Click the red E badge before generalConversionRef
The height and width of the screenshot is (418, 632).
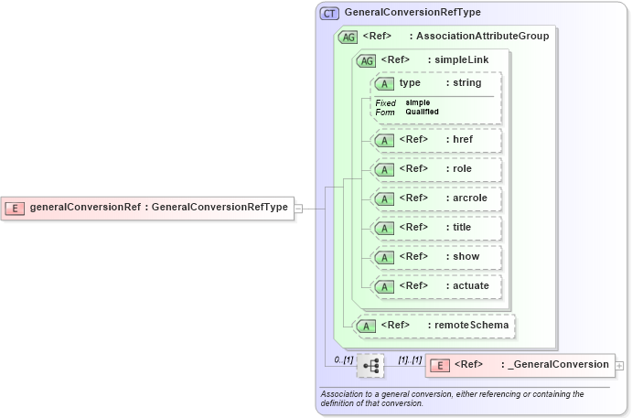pos(15,208)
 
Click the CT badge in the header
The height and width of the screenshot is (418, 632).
pos(329,14)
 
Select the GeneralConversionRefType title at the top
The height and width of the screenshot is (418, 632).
pos(412,13)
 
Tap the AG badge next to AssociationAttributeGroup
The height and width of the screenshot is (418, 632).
pos(348,38)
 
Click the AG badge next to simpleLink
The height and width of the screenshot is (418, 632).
pos(366,60)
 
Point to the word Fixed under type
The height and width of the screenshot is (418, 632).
pos(385,102)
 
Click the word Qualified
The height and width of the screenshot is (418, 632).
pos(423,112)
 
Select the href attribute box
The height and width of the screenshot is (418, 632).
pos(436,140)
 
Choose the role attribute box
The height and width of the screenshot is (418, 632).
pos(436,169)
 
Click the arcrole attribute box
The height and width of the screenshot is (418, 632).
pos(436,198)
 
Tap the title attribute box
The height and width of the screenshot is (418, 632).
pos(436,228)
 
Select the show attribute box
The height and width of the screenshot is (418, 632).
pos(436,257)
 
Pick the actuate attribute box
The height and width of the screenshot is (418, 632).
pos(436,286)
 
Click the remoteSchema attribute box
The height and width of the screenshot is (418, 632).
pos(435,326)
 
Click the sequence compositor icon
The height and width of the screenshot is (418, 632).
pos(370,366)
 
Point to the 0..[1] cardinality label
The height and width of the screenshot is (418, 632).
pos(343,359)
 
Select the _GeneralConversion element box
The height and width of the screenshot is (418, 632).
pos(520,365)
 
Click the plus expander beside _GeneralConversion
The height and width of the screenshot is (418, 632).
pos(620,365)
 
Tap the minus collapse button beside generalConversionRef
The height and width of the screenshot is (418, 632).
pos(298,208)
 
